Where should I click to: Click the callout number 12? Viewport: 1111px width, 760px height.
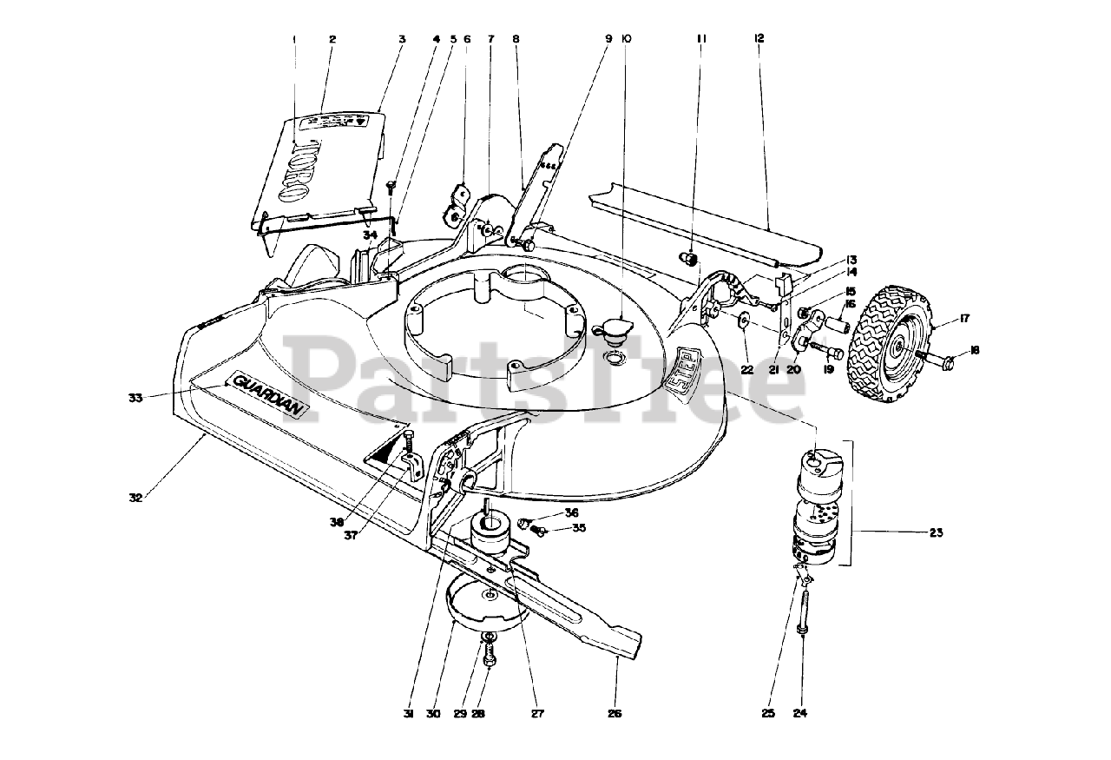[759, 38]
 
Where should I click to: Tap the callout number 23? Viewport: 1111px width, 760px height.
[936, 532]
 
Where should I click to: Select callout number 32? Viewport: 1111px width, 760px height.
[135, 498]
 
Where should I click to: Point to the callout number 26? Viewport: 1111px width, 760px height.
[615, 714]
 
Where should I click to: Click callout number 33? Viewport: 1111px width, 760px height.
[135, 398]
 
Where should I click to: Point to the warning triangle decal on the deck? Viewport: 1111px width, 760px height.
[389, 449]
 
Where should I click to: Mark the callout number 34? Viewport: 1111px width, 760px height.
[370, 235]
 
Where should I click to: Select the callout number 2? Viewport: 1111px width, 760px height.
[332, 38]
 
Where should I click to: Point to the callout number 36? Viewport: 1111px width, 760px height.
[571, 512]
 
